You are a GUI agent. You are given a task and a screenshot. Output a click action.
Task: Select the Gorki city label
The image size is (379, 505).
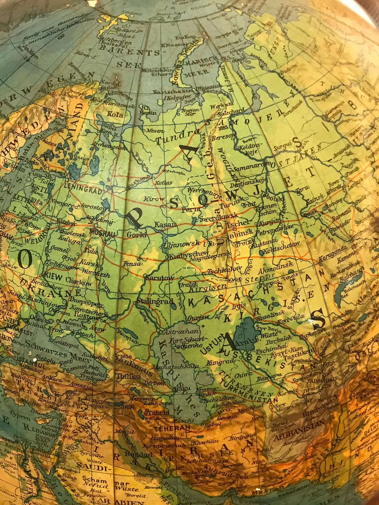click(136, 235)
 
